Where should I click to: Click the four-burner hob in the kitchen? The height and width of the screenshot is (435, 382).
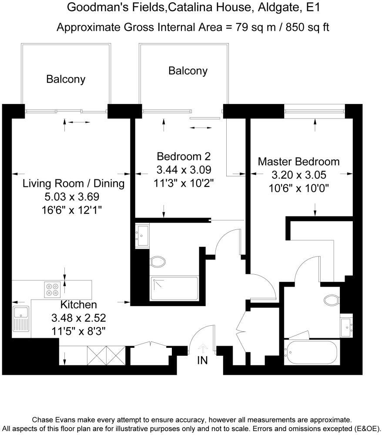[52, 290]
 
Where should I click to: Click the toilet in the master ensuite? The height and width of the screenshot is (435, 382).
[332, 300]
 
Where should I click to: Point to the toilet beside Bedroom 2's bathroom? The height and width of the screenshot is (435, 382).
[158, 262]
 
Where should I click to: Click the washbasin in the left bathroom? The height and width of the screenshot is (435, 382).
[142, 236]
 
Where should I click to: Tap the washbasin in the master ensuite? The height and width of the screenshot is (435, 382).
[346, 327]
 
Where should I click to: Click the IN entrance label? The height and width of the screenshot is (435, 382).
[202, 360]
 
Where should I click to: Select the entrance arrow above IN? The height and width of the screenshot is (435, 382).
[203, 348]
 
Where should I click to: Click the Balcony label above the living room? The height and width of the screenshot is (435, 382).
[66, 79]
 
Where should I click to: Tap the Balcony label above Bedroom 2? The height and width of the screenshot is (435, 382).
[188, 71]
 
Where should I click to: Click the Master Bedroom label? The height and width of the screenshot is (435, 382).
[298, 162]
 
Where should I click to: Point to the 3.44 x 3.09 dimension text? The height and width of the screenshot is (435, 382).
[184, 169]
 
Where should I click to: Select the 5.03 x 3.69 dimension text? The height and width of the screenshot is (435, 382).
[72, 197]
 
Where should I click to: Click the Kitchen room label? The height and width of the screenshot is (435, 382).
[79, 305]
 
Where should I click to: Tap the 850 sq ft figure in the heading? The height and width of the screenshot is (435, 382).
[307, 27]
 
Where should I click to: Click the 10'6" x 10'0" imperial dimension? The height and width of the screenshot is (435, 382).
[298, 189]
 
